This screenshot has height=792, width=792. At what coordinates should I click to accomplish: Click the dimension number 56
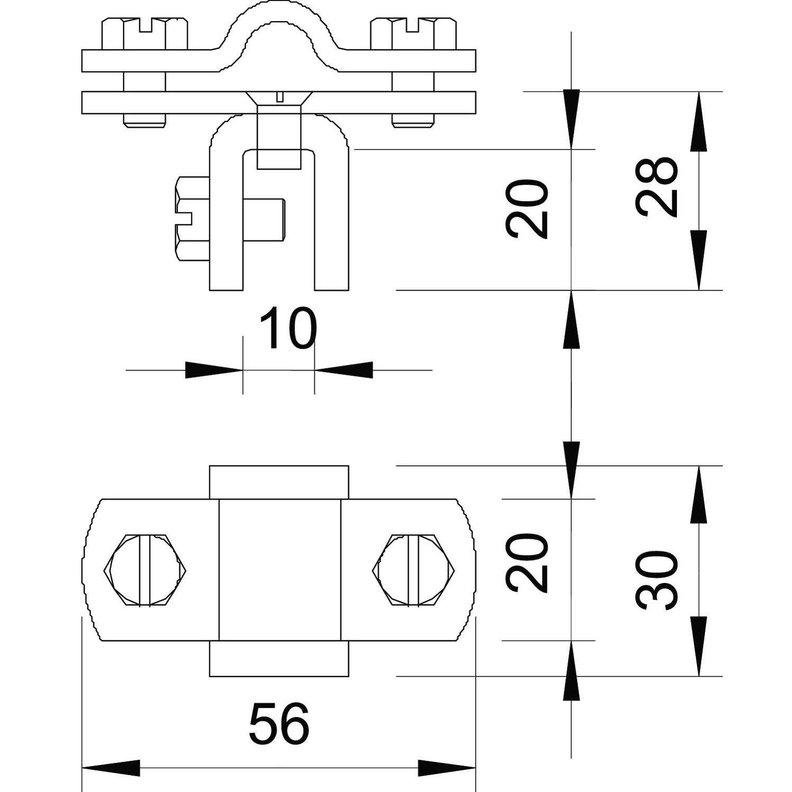pos(279,723)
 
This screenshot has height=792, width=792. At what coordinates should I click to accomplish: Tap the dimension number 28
pos(656,187)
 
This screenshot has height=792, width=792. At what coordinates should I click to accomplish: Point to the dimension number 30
pos(656,580)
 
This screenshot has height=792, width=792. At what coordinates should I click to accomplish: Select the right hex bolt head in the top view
pos(413,570)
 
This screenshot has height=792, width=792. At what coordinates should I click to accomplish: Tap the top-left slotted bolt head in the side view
pos(144,34)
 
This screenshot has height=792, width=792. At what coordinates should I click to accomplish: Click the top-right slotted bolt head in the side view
pos(413,34)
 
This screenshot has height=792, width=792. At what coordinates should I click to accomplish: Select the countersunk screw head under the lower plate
pos(279,98)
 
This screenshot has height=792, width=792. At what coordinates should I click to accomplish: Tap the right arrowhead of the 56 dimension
pos(447,768)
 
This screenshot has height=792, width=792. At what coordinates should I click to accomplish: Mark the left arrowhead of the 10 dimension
pos(213,370)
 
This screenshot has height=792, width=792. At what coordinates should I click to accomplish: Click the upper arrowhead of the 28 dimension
pos(699,121)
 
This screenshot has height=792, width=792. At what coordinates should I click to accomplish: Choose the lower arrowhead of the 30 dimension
pos(699,647)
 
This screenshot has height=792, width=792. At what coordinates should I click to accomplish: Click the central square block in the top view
pos(279,570)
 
